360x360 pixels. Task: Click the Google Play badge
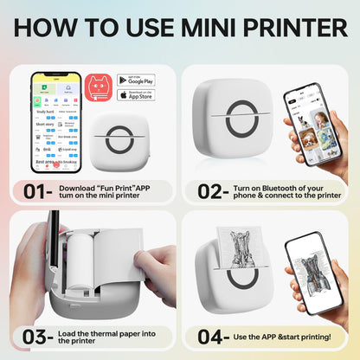136,80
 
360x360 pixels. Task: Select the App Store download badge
136,94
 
